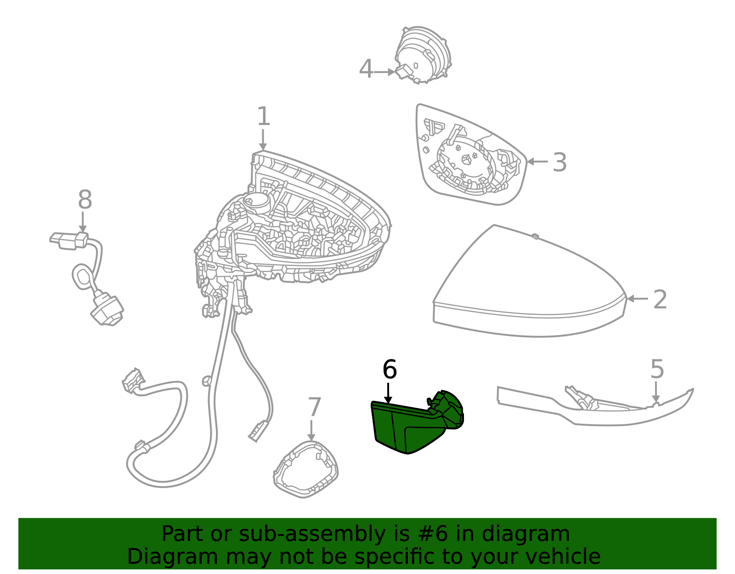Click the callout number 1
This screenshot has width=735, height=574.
[x=264, y=116]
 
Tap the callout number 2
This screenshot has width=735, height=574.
[x=660, y=299]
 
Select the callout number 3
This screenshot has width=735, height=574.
[x=560, y=162]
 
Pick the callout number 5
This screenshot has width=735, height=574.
[x=657, y=369]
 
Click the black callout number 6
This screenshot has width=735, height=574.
[x=389, y=369]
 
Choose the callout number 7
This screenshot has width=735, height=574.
[x=314, y=407]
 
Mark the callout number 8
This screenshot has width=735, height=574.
[x=85, y=199]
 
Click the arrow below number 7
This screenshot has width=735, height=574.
[x=311, y=431]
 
